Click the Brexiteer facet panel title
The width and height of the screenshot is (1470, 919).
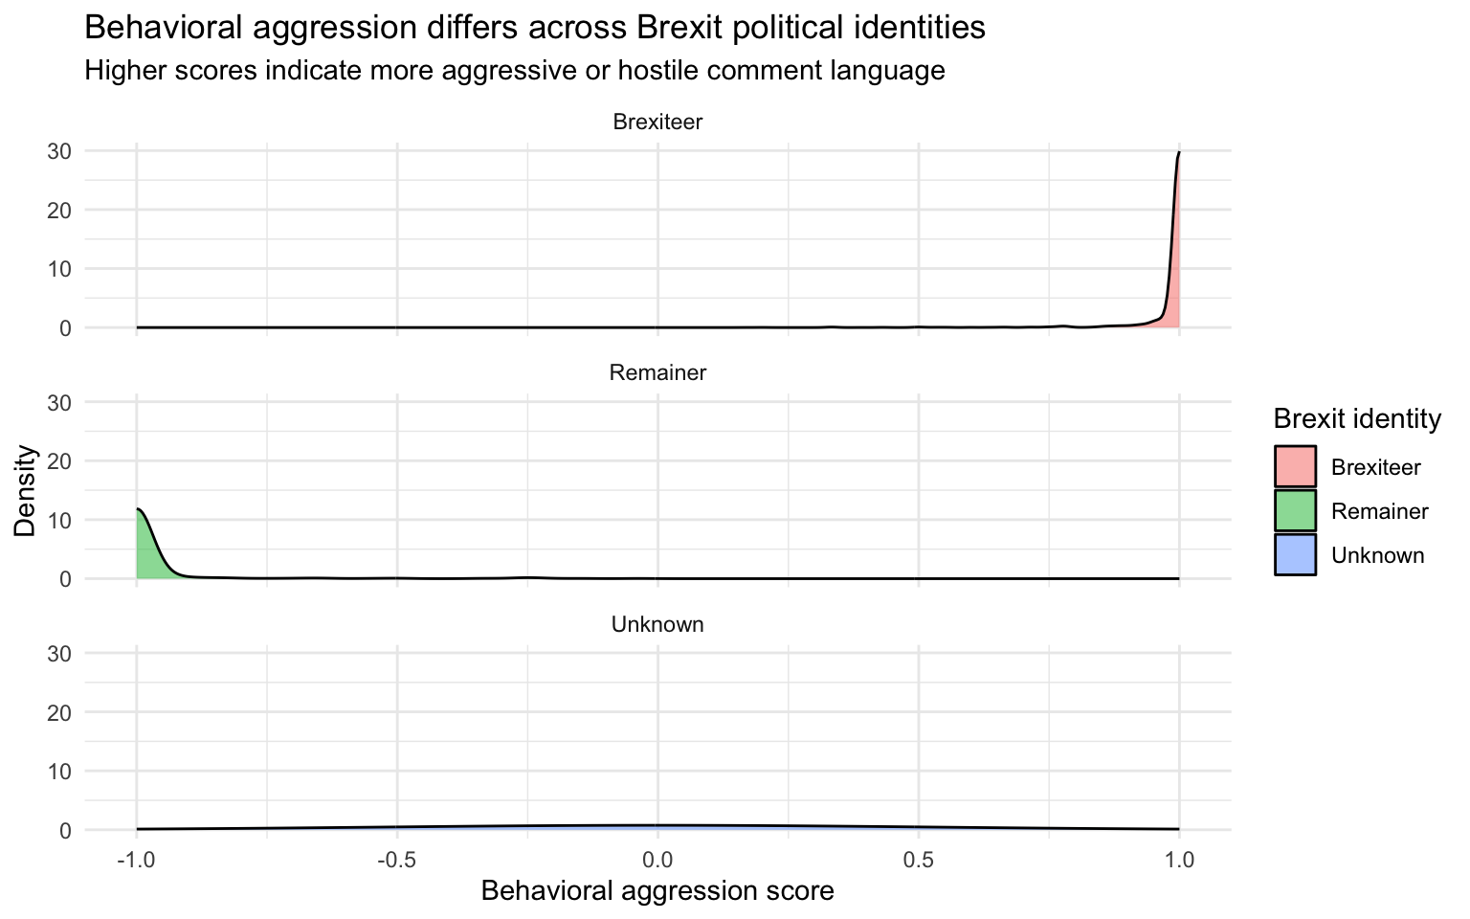coord(657,123)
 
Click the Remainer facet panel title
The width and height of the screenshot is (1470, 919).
coord(657,373)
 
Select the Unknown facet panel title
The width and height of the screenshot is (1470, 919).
coord(657,625)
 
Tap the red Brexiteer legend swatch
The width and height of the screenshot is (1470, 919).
coord(1295,467)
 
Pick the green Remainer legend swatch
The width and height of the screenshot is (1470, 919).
coord(1295,511)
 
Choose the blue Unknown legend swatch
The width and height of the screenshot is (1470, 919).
coord(1295,555)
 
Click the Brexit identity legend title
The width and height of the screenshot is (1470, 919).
coord(1357,418)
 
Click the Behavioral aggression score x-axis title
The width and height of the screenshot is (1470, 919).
coord(657,891)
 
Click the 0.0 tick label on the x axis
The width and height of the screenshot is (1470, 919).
coord(657,860)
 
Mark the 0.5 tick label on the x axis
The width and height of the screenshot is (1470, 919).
coord(918,860)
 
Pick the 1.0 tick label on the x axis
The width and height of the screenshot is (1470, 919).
coord(1179,860)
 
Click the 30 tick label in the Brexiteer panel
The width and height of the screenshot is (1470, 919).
coord(59,151)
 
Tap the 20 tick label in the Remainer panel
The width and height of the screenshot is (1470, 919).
coord(59,461)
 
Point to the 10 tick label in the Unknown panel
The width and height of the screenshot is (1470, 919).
coord(59,772)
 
